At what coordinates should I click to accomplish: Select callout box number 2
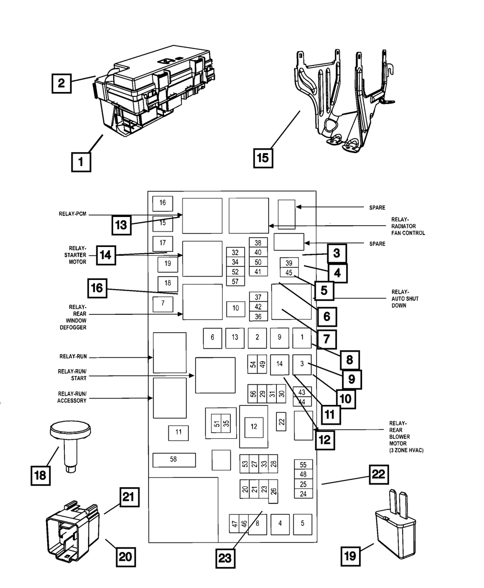(x=61, y=82)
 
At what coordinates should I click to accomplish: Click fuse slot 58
(x=174, y=460)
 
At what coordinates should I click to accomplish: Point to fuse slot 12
(x=253, y=426)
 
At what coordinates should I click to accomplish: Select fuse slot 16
(x=163, y=203)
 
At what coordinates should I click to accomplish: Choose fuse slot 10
(x=236, y=308)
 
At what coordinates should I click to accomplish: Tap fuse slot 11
(x=179, y=432)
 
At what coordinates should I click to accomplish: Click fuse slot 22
(x=281, y=421)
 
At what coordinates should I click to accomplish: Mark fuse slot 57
(x=235, y=281)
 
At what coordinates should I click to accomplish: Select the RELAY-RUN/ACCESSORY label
(x=72, y=397)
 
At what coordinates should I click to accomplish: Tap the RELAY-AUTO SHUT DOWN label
(x=405, y=299)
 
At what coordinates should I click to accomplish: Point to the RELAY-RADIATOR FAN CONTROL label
(x=408, y=226)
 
